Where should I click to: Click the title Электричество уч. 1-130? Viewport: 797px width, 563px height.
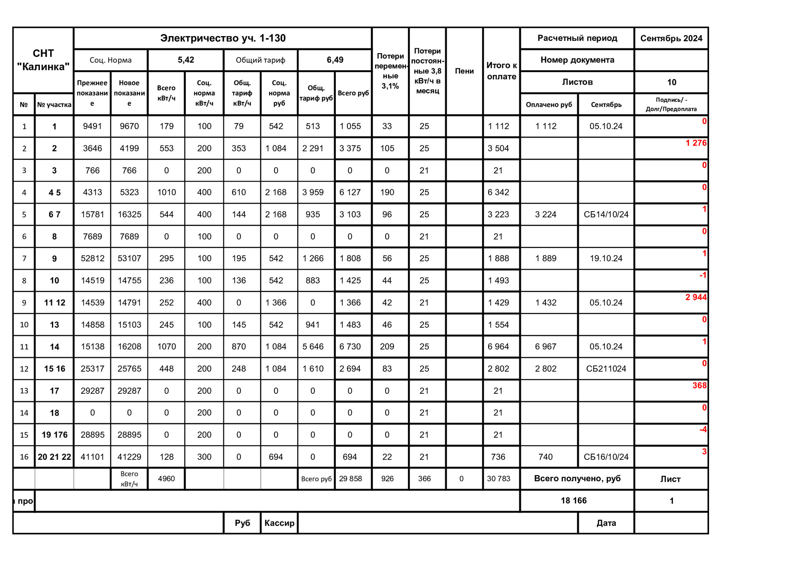coord(223,38)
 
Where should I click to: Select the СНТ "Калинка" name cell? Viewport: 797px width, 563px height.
coord(43,60)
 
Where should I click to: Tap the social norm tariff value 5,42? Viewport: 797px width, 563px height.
coord(186,60)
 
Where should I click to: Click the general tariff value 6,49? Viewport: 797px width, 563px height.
coord(335,60)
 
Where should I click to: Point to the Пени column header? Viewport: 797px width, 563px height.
coord(464,71)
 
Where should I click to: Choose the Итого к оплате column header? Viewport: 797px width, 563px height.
coord(501,71)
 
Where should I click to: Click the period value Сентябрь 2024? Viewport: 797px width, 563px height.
coord(671,39)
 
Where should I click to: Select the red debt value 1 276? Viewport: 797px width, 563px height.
coord(696,143)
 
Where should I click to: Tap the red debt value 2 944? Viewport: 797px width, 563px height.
coord(696,297)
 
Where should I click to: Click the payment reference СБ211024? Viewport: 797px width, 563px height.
coord(606,369)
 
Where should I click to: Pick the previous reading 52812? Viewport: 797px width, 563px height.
coord(92,258)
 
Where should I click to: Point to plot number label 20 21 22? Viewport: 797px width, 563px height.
coord(54,457)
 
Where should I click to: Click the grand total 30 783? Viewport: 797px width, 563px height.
coord(498,479)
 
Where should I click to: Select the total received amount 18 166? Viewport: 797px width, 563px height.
coord(574,501)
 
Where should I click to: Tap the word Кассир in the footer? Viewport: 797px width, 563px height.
coord(279,523)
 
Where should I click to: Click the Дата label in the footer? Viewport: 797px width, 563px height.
coord(606,523)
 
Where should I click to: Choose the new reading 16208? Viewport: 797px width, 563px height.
coord(129,347)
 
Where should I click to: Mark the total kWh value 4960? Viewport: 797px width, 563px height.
coord(166,479)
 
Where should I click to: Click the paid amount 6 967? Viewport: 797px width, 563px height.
coord(545,347)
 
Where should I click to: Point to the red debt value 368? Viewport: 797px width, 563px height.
coord(699,386)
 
